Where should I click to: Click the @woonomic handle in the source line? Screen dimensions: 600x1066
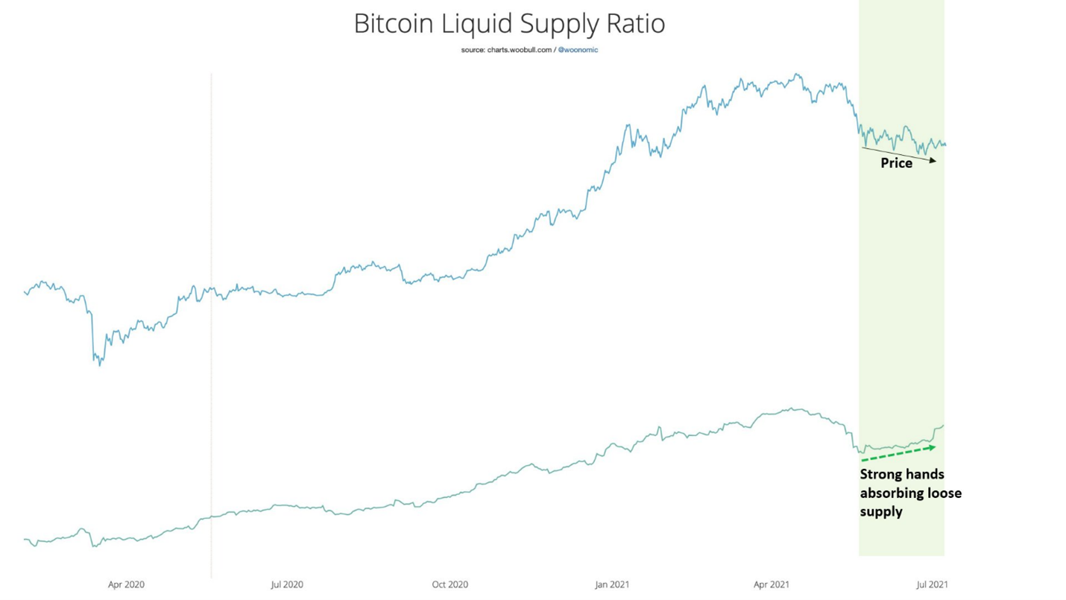(x=578, y=50)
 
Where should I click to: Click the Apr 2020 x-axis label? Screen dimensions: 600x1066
(x=126, y=584)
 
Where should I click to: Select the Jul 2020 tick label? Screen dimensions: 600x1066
(x=287, y=584)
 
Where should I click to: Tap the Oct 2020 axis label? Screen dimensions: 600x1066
(x=450, y=584)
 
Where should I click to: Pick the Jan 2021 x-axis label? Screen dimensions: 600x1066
(x=612, y=584)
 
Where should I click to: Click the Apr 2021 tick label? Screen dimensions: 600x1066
(x=771, y=584)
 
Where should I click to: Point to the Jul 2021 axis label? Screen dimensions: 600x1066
(x=932, y=584)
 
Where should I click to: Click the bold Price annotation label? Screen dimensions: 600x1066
(x=896, y=163)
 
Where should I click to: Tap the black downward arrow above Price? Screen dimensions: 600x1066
(x=898, y=154)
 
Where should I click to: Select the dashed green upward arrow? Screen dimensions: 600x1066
(x=898, y=454)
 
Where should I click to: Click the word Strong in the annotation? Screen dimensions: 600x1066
(x=880, y=475)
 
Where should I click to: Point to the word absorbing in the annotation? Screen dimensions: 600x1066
(x=890, y=493)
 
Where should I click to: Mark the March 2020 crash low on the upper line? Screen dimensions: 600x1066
(x=100, y=364)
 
